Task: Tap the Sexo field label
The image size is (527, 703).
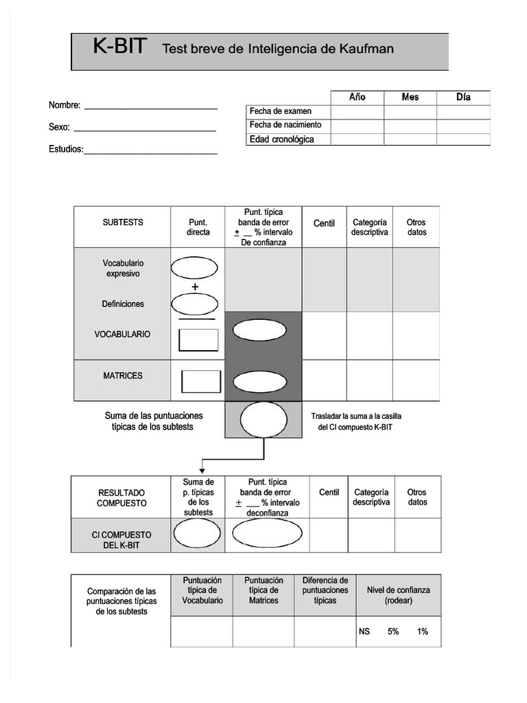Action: pyautogui.click(x=59, y=128)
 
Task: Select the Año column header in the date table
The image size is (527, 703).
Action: pyautogui.click(x=357, y=97)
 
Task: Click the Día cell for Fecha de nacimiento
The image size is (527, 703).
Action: pyautogui.click(x=463, y=126)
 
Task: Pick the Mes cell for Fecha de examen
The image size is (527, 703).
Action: pyautogui.click(x=410, y=112)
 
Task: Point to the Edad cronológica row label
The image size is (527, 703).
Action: pyautogui.click(x=281, y=140)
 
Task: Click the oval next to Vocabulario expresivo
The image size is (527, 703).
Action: pyautogui.click(x=194, y=267)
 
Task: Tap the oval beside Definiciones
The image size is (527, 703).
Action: pyautogui.click(x=194, y=303)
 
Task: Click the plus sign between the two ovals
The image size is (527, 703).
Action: pyautogui.click(x=195, y=286)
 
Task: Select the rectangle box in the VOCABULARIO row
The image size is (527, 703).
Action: pyautogui.click(x=198, y=340)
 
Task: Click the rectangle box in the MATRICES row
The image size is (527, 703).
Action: pyautogui.click(x=201, y=382)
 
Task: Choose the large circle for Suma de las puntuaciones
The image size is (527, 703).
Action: pyautogui.click(x=263, y=419)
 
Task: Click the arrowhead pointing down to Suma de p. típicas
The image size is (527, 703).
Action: pyautogui.click(x=202, y=470)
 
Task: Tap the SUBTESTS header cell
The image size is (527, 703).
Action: pyautogui.click(x=123, y=222)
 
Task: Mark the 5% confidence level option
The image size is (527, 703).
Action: pyautogui.click(x=393, y=632)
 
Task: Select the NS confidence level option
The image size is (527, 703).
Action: pyautogui.click(x=364, y=632)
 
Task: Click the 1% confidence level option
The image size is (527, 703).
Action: pyautogui.click(x=422, y=632)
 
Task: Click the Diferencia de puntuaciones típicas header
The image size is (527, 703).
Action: pyautogui.click(x=325, y=590)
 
